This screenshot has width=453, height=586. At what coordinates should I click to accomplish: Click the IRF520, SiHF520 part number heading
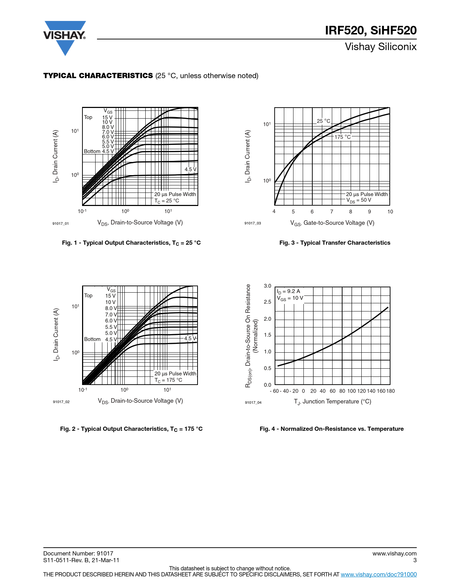[371, 31]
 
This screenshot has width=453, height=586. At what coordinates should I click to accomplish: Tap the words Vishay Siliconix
[381, 47]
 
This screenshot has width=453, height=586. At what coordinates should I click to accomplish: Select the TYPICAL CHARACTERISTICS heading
[98, 76]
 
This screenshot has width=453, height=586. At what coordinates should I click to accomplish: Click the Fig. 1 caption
[131, 243]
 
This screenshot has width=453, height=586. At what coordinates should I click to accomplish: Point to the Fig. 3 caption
[335, 243]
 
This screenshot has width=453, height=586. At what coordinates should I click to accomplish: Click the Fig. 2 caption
[131, 429]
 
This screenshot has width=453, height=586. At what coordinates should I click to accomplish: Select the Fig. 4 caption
[331, 429]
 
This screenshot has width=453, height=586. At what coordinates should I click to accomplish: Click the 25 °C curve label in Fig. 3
[324, 121]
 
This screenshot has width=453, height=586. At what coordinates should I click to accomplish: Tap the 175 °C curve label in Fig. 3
[343, 137]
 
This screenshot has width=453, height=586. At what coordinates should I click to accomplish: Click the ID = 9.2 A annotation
[288, 291]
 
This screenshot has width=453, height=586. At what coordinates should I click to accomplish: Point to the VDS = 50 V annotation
[359, 200]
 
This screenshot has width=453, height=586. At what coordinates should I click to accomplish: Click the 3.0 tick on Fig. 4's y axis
[268, 286]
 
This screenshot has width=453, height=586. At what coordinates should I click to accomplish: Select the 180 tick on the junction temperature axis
[390, 391]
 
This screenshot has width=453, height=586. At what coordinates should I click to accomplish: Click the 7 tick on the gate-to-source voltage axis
[331, 212]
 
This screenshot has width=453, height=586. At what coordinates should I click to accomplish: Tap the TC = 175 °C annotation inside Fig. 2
[168, 380]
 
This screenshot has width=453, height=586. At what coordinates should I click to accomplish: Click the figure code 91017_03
[253, 223]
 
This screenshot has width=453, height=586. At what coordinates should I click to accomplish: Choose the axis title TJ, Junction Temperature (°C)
[333, 402]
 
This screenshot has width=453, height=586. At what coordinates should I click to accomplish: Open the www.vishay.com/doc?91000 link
[379, 574]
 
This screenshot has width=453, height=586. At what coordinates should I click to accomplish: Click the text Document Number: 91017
[78, 553]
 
